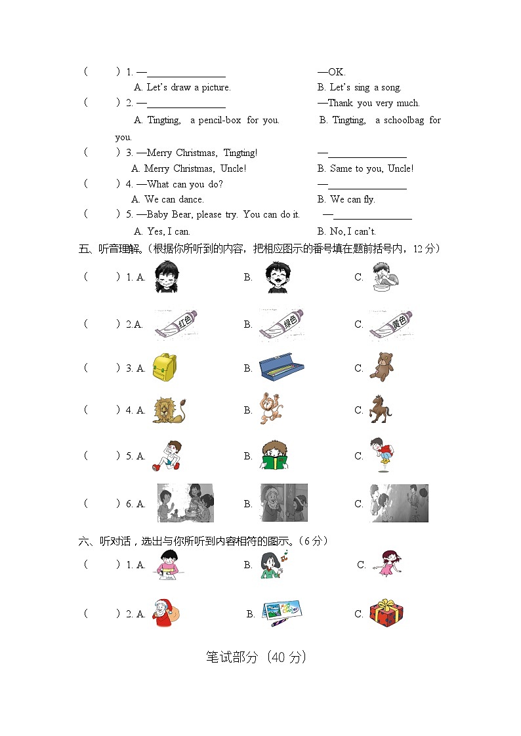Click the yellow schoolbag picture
pos(163,367)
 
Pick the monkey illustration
pos(271,409)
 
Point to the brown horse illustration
pos(379,409)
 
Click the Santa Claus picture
pos(165,613)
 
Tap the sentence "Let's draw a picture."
pos(188,87)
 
